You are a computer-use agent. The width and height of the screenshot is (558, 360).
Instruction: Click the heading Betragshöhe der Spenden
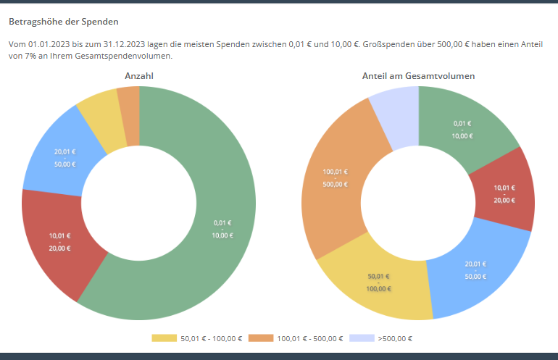click(x=63, y=22)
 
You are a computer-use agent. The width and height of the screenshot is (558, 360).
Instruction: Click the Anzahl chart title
click(x=139, y=75)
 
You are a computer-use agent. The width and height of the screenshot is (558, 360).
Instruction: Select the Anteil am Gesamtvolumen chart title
click(x=418, y=75)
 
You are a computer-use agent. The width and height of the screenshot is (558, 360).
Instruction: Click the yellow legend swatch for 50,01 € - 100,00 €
click(x=163, y=338)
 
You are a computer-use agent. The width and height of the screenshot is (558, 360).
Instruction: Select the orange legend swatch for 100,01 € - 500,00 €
click(x=259, y=338)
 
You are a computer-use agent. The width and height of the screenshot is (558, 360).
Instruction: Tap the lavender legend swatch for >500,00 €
click(x=361, y=338)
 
